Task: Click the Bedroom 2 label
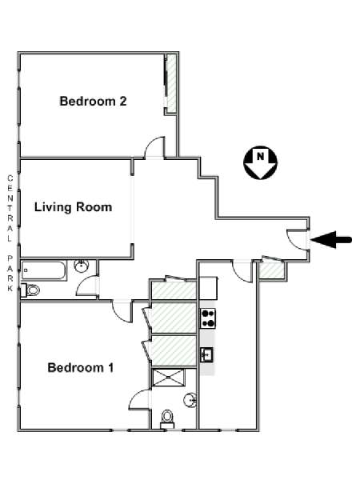93,101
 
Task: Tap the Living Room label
73,207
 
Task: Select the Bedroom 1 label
81,367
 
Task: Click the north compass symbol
260,162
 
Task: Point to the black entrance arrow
331,239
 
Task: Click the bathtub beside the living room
44,270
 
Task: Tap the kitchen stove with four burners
208,318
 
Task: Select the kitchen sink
207,355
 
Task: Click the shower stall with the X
169,378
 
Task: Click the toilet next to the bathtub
30,290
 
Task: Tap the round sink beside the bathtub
81,266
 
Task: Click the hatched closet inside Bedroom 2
172,83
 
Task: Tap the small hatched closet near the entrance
271,270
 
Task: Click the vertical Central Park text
10,233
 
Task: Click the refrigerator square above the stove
208,288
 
